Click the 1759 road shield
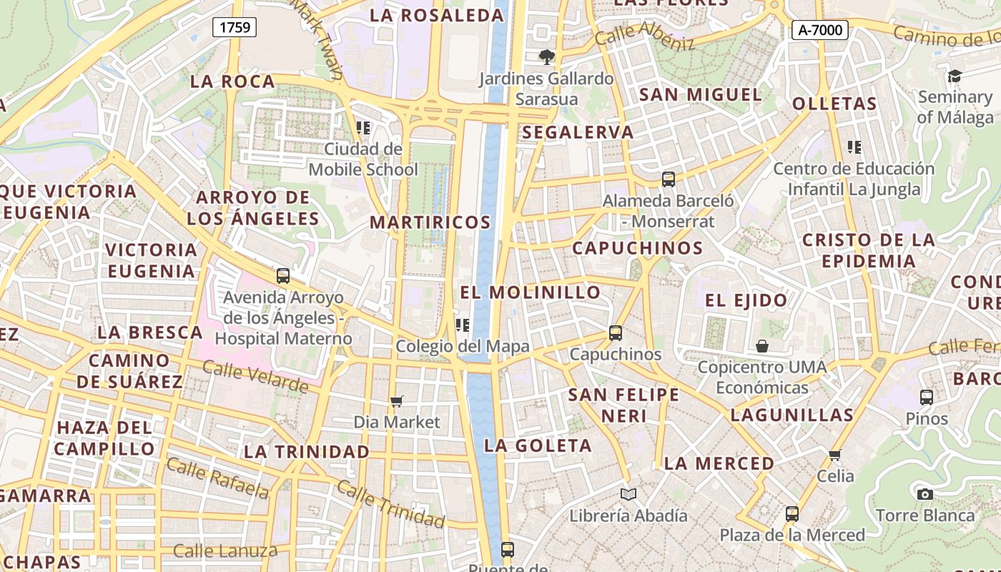coord(235,28)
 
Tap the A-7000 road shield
coord(819,30)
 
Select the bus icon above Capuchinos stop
coord(615,333)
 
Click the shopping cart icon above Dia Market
coord(397,402)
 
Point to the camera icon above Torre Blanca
coord(924,494)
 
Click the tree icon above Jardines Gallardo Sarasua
coord(547,56)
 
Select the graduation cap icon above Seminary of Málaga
coord(955,76)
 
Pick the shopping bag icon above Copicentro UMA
coord(762,347)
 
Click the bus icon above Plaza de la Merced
coord(792,513)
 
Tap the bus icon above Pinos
coord(926,398)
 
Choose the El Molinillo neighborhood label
coord(530,292)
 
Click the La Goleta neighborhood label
coord(538,446)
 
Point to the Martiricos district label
coord(430,222)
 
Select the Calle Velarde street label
coord(255,377)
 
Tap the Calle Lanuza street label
coord(225,551)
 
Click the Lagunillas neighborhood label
coord(792,415)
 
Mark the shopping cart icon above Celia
coord(834,455)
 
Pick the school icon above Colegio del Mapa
coord(463,325)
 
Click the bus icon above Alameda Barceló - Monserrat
coord(668,179)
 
